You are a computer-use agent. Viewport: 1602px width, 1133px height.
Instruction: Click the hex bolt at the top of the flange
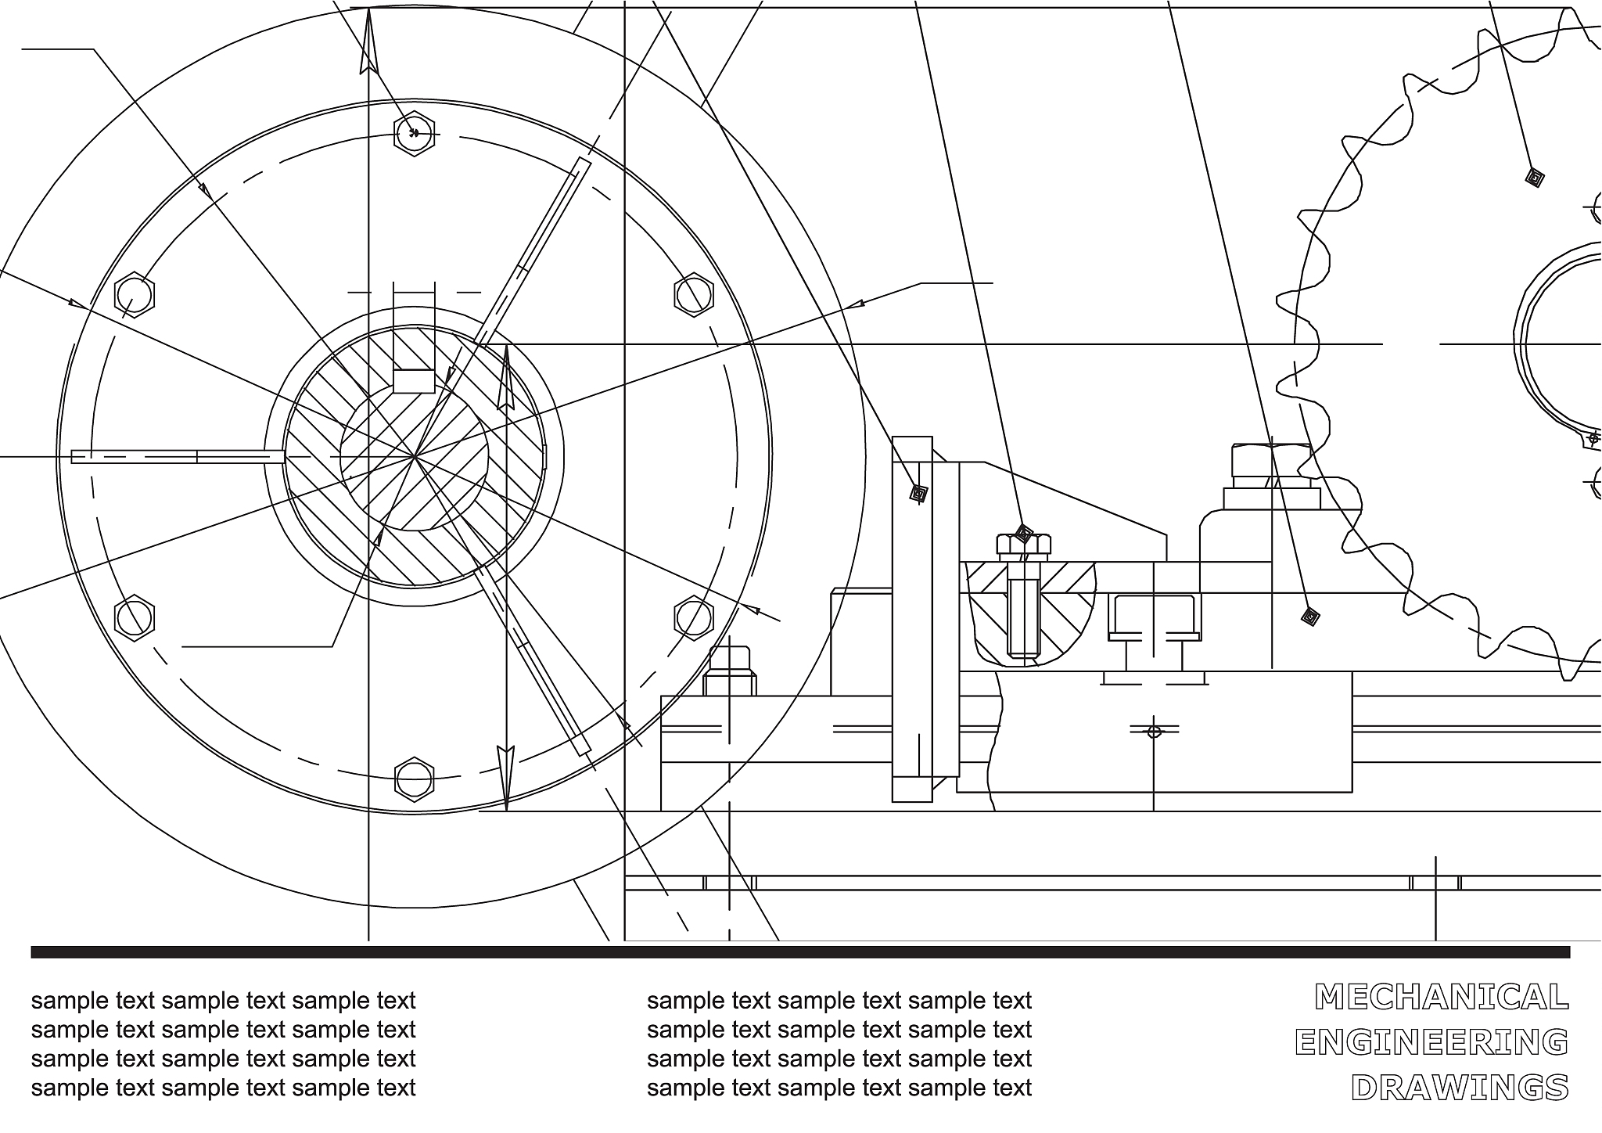414,134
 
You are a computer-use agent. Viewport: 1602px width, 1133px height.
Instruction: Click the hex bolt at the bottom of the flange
414,779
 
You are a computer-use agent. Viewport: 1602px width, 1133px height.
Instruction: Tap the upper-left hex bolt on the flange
135,295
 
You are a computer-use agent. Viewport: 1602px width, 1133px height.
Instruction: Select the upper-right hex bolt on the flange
694,295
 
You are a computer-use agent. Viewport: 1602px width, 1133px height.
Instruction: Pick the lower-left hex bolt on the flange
135,618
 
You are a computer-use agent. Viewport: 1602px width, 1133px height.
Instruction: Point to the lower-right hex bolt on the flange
694,618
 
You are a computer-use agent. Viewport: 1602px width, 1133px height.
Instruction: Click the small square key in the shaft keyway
414,381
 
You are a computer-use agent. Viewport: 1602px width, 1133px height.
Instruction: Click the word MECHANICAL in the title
1442,997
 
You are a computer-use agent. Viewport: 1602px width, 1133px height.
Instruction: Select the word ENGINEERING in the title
1431,1042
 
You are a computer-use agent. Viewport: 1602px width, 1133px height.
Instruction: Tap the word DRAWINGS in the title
1460,1088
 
